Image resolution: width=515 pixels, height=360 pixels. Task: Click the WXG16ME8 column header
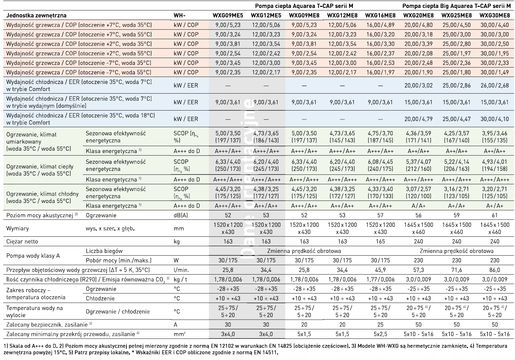point(380,15)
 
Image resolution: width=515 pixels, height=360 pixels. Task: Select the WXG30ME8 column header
point(494,15)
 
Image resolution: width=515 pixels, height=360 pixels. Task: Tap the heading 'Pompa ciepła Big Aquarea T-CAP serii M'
point(456,6)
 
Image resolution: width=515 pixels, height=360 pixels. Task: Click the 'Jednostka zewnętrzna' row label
point(36,15)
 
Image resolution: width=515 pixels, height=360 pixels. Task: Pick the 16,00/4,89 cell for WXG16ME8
point(380,25)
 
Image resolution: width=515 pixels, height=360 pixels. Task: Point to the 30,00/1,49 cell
point(494,72)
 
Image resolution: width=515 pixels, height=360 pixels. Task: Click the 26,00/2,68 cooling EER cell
point(494,85)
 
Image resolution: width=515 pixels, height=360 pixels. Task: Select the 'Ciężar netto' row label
point(22,242)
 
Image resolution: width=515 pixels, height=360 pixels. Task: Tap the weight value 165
point(380,242)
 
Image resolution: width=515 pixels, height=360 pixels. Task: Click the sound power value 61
point(494,215)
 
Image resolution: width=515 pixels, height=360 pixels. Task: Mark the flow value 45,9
point(380,270)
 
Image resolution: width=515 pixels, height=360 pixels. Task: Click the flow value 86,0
point(494,270)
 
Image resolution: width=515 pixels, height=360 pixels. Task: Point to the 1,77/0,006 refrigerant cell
point(380,279)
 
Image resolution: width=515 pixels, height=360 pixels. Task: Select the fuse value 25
point(380,324)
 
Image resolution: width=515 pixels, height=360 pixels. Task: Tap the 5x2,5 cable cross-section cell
point(380,334)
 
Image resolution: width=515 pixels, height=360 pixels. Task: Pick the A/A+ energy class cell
point(418,206)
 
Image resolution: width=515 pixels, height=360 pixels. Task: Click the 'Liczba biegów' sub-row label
point(104,251)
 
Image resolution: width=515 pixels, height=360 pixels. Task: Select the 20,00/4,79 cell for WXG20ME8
point(418,119)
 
